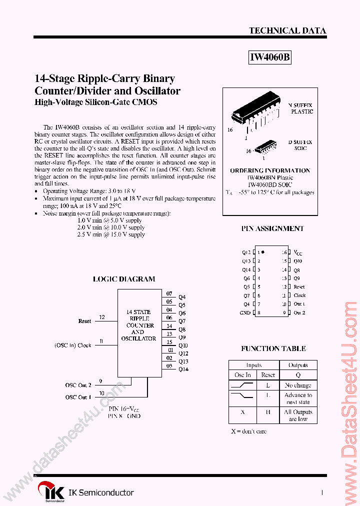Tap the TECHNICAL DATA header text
(x=287, y=30)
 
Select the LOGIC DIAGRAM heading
(x=124, y=279)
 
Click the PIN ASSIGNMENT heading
(x=272, y=228)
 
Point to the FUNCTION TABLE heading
(x=273, y=348)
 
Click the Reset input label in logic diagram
(x=84, y=321)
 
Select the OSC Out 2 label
(x=78, y=385)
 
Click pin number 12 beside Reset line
(x=102, y=317)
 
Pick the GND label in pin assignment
(x=244, y=313)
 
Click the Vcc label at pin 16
(x=298, y=252)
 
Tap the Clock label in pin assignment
(x=299, y=295)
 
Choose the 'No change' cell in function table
(x=298, y=385)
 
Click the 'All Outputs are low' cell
(x=298, y=415)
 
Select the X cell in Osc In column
(x=242, y=412)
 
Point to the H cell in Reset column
(x=268, y=412)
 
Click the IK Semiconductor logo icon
(x=52, y=492)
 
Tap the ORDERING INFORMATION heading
(x=270, y=170)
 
